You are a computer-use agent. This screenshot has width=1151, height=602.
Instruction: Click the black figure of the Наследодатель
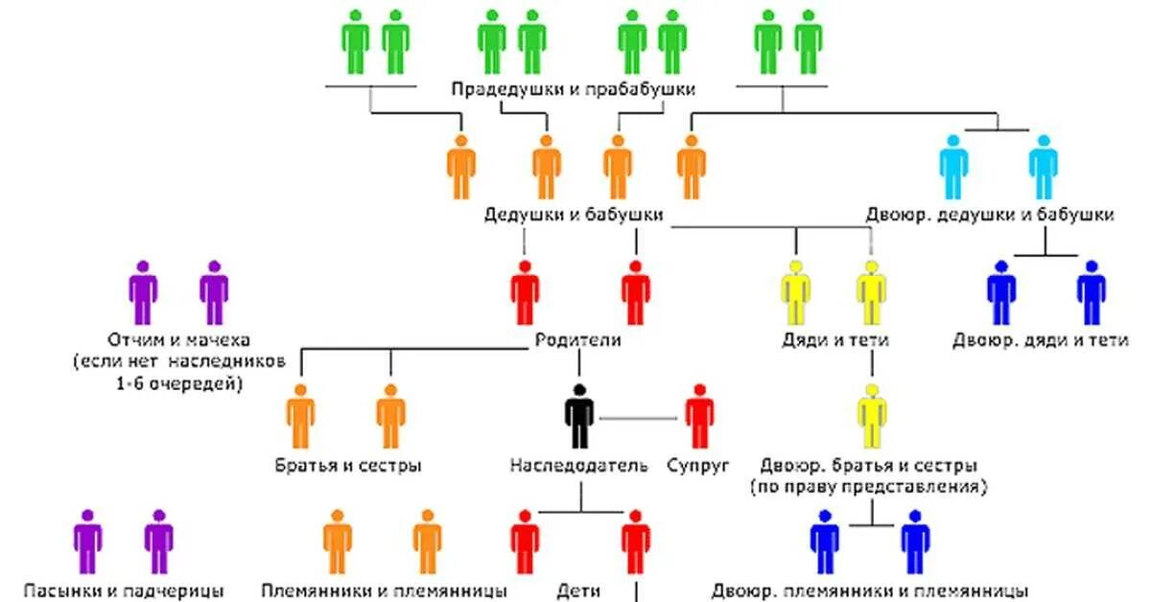pos(578,416)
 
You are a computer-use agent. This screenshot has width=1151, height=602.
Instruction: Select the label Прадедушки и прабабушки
pos(574,89)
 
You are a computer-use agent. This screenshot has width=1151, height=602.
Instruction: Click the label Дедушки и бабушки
pos(574,215)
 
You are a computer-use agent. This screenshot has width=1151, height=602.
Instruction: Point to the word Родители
pos(578,339)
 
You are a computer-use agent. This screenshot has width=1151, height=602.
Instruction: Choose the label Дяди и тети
pos(834,339)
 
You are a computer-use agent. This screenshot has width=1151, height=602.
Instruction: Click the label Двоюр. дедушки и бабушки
pos(990,215)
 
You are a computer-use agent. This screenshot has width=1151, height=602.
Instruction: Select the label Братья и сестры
pos(347,467)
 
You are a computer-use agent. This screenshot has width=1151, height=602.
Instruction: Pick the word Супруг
pos(697,467)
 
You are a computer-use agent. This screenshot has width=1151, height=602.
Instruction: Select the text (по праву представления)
pos(869,486)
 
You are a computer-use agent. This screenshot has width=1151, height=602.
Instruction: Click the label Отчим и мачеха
pos(179,340)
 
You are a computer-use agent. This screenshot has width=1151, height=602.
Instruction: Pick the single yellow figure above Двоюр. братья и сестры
pos(871,416)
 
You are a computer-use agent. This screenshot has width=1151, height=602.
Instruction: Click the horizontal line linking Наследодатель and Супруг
pos(639,418)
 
